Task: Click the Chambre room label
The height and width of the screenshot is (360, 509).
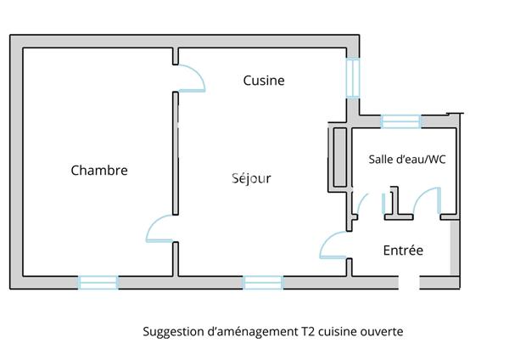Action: [99, 171]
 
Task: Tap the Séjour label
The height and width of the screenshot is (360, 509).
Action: [251, 178]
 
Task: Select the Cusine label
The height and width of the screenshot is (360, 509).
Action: [264, 81]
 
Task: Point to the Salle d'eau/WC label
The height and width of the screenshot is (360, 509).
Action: [407, 160]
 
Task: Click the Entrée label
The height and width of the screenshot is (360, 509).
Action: [403, 250]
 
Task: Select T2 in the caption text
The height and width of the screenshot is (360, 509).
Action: [308, 332]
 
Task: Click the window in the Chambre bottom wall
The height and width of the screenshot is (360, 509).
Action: [98, 283]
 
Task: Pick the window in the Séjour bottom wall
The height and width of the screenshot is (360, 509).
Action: [263, 283]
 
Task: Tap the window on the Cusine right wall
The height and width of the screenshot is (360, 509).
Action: [353, 78]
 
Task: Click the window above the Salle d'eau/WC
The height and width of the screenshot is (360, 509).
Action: [401, 121]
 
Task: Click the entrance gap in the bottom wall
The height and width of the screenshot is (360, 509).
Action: [409, 283]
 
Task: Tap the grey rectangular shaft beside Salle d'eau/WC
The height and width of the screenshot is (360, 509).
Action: [340, 158]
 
